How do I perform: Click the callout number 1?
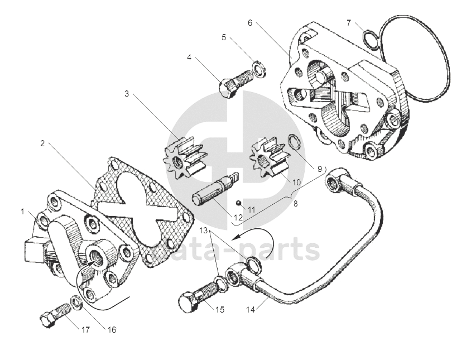pyautogui.click(x=23, y=212)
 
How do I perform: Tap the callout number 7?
pyautogui.click(x=349, y=23)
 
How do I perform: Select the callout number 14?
pyautogui.click(x=248, y=308)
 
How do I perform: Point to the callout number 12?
pyautogui.click(x=238, y=217)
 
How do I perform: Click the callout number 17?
pyautogui.click(x=85, y=330)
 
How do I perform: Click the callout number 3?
pyautogui.click(x=127, y=94)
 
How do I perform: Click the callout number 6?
pyautogui.click(x=250, y=23)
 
